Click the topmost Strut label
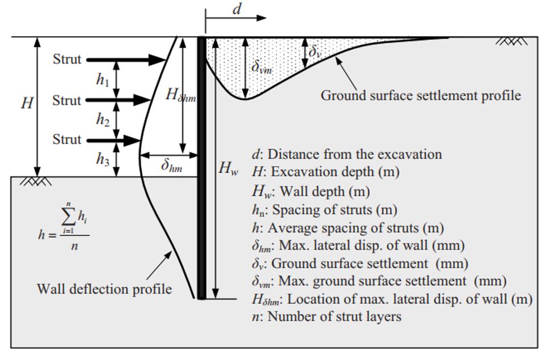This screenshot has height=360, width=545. point(67,59)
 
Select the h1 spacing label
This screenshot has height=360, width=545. point(103,81)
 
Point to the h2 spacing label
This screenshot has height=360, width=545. point(103,120)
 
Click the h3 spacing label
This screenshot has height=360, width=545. point(103,159)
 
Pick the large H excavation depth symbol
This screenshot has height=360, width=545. point(27,103)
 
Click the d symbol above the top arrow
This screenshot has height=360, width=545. point(236,9)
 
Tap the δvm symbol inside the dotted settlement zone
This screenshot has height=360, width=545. point(261,67)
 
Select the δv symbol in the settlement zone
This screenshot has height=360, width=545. point(315,52)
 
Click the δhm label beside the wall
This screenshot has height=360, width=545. point(171,166)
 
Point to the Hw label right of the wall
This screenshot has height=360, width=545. point(228,168)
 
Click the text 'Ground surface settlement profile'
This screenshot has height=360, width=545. point(421,96)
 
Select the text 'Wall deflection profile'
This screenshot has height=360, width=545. point(104,289)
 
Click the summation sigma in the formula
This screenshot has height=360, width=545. point(68,218)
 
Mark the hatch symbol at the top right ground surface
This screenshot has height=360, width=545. point(512,41)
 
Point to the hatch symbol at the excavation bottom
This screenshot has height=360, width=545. point(36,181)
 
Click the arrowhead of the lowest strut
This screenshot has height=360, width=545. point(131,141)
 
